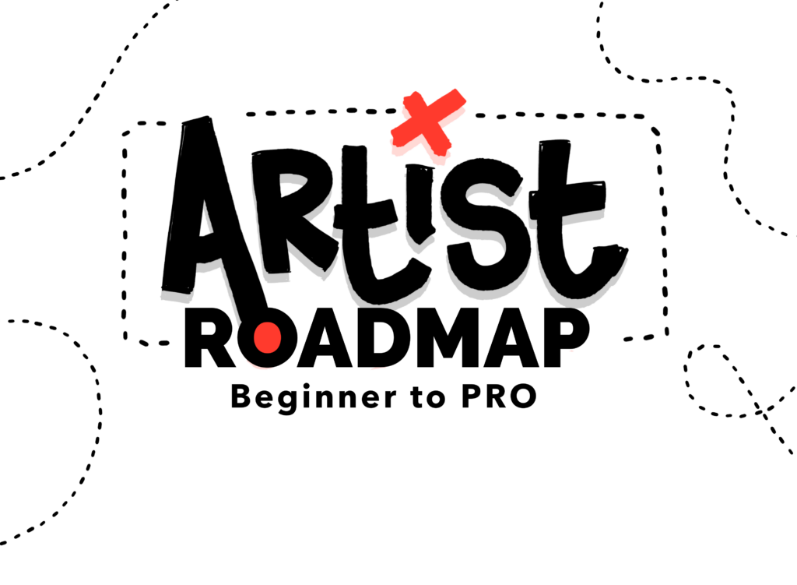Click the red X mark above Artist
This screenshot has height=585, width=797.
coord(428,122)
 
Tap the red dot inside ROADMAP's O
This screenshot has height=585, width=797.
coord(268,337)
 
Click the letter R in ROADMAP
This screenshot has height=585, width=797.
coord(209,338)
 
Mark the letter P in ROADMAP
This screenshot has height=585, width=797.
coord(567,338)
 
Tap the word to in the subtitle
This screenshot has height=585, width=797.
coord(428,397)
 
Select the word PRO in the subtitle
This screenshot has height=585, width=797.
coord(499,396)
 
